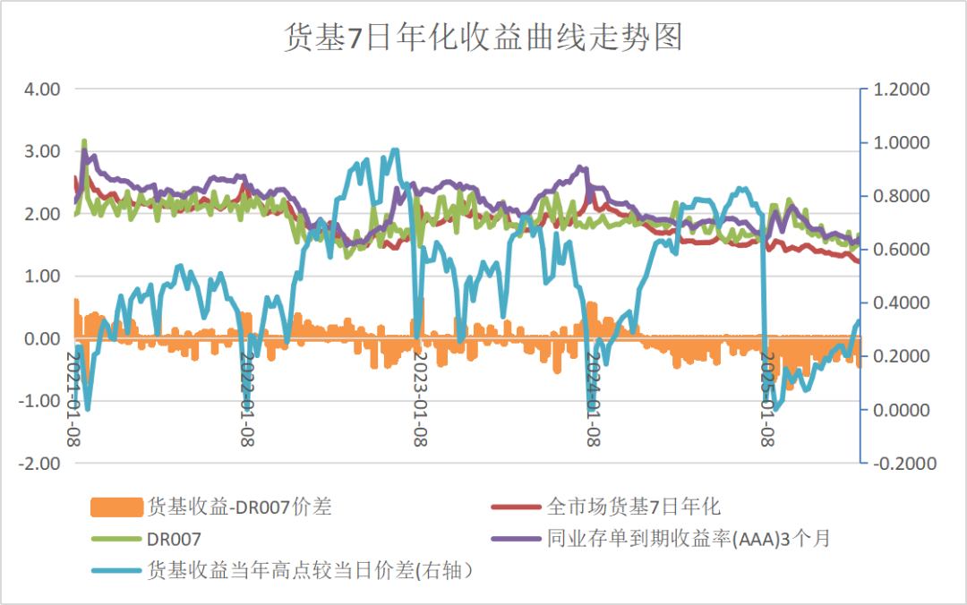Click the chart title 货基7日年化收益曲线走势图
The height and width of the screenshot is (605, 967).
(x=483, y=38)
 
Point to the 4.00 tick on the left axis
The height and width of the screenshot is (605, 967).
(x=42, y=89)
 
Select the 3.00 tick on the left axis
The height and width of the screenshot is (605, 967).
(x=42, y=152)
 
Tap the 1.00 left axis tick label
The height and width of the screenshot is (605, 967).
(x=42, y=277)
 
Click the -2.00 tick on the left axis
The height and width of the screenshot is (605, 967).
(x=40, y=464)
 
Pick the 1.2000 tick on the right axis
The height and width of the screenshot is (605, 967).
(x=903, y=89)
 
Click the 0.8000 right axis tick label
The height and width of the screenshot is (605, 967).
(x=903, y=196)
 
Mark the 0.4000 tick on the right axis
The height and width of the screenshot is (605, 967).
(x=903, y=303)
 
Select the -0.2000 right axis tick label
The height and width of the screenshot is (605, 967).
(x=901, y=464)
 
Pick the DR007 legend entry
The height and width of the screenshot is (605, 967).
(x=174, y=539)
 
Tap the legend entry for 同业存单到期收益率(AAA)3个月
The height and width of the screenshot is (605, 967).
(x=689, y=539)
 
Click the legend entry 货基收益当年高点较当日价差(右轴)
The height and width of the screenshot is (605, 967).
(x=309, y=570)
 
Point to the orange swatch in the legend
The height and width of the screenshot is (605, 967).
(x=116, y=507)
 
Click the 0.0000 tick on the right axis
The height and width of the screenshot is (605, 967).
(x=903, y=410)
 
